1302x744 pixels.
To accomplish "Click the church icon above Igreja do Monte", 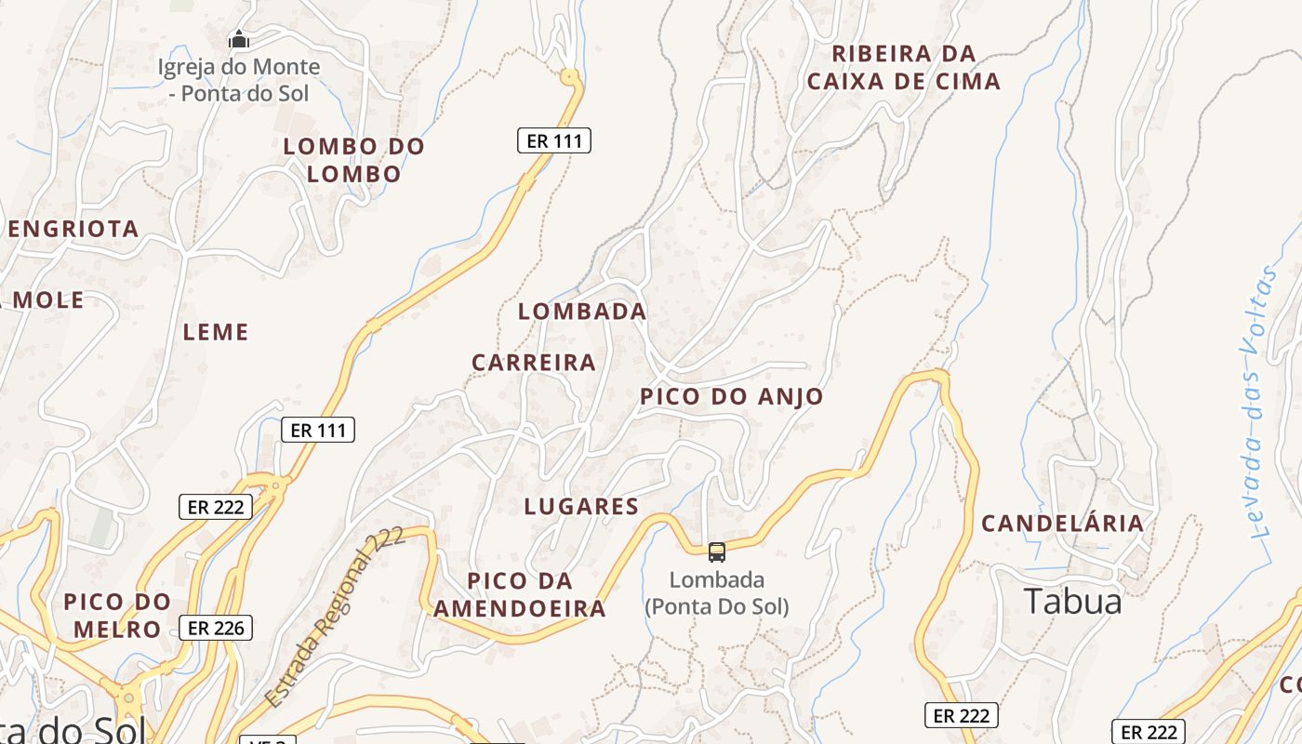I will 239,40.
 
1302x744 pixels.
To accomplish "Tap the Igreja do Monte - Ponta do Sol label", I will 238,80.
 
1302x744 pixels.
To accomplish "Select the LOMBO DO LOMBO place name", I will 353,160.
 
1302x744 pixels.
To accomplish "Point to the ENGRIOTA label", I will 73,229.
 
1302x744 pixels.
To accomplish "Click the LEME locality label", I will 216,332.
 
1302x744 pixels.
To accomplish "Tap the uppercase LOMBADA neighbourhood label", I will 582,312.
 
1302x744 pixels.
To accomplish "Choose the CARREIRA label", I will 534,363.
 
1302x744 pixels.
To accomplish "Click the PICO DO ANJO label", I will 732,397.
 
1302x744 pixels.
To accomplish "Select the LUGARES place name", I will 581,507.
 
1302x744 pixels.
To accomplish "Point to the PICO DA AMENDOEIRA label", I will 521,595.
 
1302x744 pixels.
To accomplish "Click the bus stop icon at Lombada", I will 717,552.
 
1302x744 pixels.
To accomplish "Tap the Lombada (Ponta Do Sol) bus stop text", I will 717,593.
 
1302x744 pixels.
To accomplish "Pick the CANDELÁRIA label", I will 1063,524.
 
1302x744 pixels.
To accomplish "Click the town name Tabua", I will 1073,602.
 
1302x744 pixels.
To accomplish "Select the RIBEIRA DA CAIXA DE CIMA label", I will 904,68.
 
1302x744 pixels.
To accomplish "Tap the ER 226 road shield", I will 216,628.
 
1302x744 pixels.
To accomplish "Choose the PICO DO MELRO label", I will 118,616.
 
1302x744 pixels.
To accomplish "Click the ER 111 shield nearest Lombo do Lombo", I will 553,141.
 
